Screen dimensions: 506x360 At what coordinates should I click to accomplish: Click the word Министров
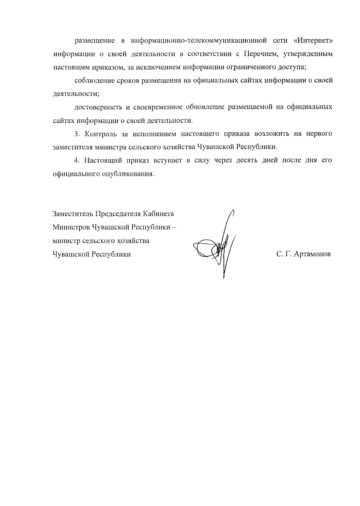[71, 227]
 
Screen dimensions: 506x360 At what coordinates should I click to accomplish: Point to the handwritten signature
[216, 243]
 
